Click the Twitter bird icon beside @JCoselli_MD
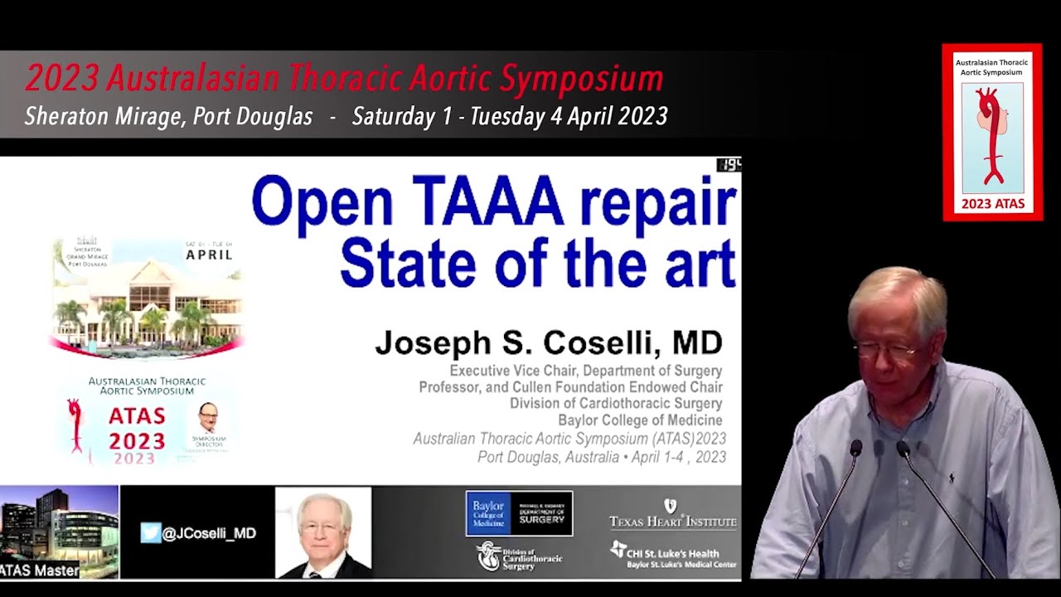[x=150, y=532]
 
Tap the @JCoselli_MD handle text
[x=209, y=533]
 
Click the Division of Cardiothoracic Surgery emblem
[x=519, y=556]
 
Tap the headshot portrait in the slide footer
[x=323, y=533]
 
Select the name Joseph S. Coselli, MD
[x=548, y=342]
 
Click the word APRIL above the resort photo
[x=209, y=254]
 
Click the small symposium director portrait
[x=208, y=417]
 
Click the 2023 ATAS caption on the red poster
[x=992, y=204]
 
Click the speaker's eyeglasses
[x=884, y=352]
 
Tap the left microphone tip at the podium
[x=855, y=449]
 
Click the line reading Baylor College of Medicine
[x=639, y=420]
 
